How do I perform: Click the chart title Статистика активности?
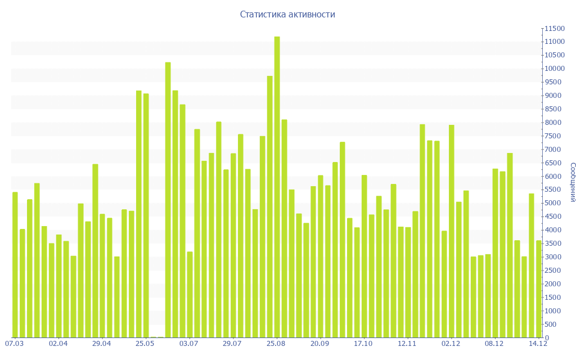(x=287, y=15)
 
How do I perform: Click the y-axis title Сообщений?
(x=572, y=182)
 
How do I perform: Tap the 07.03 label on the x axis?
(x=15, y=343)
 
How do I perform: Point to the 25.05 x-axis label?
(x=146, y=343)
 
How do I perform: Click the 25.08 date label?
(x=276, y=343)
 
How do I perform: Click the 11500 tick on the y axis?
(x=553, y=29)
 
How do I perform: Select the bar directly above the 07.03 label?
(x=15, y=265)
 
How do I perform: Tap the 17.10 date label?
(x=363, y=343)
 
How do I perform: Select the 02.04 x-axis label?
(x=58, y=343)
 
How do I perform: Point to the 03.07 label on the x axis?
(x=189, y=343)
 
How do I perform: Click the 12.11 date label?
(x=407, y=343)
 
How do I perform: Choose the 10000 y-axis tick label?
(x=553, y=69)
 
